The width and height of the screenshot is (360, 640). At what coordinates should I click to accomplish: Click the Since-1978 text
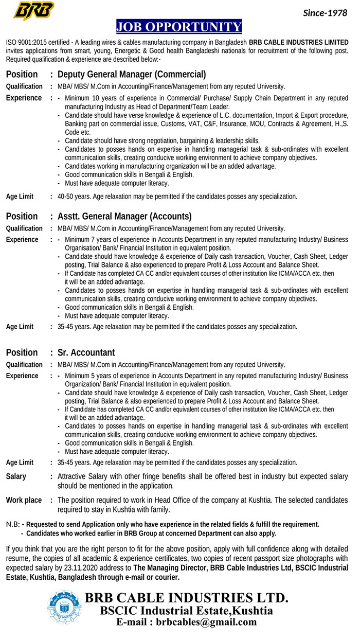coord(325,13)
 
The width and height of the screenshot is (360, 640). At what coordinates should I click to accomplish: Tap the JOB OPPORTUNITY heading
coord(179,27)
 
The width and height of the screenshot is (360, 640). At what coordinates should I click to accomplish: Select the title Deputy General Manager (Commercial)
coord(132,74)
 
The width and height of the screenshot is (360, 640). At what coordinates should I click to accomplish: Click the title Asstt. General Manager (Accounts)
coord(124,216)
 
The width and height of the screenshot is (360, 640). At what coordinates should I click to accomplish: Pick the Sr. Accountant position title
coord(86,352)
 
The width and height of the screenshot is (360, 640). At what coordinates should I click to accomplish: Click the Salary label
coord(16,476)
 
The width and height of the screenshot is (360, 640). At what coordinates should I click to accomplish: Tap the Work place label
coord(24,500)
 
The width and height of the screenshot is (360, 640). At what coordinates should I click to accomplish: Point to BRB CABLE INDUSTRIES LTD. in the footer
coord(186,598)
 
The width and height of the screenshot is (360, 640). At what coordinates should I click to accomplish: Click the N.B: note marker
coord(14,524)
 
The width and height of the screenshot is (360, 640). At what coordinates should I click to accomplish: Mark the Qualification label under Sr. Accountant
coord(24,365)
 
